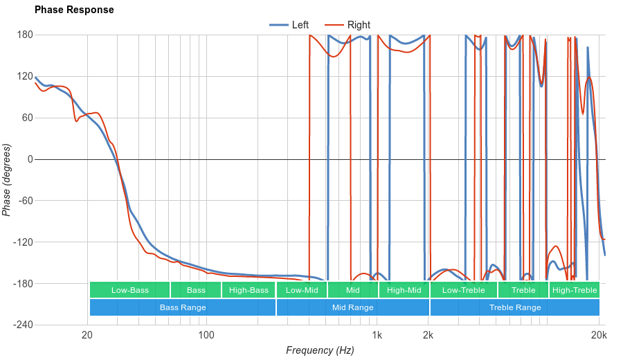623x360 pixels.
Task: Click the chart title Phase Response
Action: (x=74, y=10)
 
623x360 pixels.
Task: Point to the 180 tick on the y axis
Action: (x=25, y=35)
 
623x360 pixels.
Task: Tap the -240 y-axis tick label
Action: (x=23, y=325)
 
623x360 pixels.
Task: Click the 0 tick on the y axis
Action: (x=30, y=159)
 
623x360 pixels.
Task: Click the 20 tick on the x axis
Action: (x=88, y=336)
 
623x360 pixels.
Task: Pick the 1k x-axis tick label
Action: (x=377, y=336)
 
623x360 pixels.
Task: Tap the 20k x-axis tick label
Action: (x=599, y=336)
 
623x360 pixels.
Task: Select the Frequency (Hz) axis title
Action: (x=320, y=350)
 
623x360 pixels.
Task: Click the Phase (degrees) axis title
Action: (x=7, y=180)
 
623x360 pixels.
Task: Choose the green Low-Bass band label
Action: (x=129, y=290)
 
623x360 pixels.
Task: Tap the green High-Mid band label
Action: (x=404, y=290)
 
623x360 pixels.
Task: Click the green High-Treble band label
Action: (x=575, y=290)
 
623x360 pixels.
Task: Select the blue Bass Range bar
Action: (x=183, y=307)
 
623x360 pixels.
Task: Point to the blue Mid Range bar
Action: (x=353, y=307)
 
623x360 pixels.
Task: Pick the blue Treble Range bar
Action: (x=515, y=307)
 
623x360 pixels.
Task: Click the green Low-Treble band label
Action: (x=464, y=290)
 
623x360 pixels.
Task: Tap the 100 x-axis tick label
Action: (x=206, y=336)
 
